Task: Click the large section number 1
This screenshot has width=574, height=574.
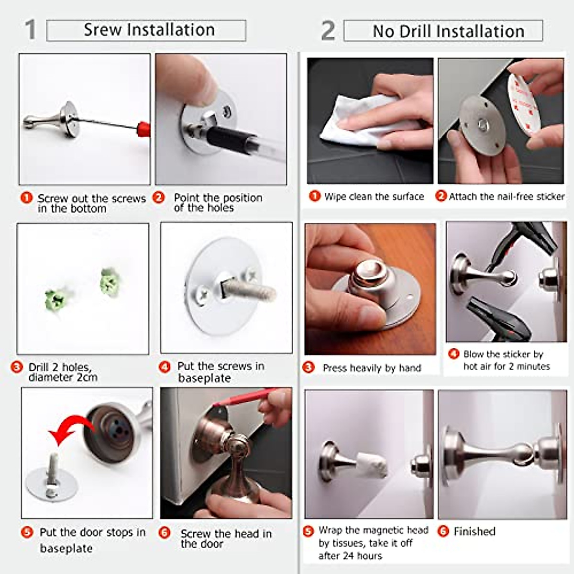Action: tap(30, 30)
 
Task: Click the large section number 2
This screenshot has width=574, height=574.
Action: tap(328, 31)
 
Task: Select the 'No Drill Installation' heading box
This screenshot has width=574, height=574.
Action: tap(443, 31)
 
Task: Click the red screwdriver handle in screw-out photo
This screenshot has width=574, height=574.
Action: tap(143, 128)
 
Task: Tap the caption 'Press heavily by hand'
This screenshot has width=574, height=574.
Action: tap(372, 368)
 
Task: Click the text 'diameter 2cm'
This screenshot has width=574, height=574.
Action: tap(63, 377)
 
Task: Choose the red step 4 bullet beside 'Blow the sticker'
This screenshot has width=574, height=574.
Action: tap(453, 354)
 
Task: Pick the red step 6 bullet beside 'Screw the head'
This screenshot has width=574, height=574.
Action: tap(164, 532)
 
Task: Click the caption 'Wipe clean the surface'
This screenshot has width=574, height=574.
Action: tap(374, 197)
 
